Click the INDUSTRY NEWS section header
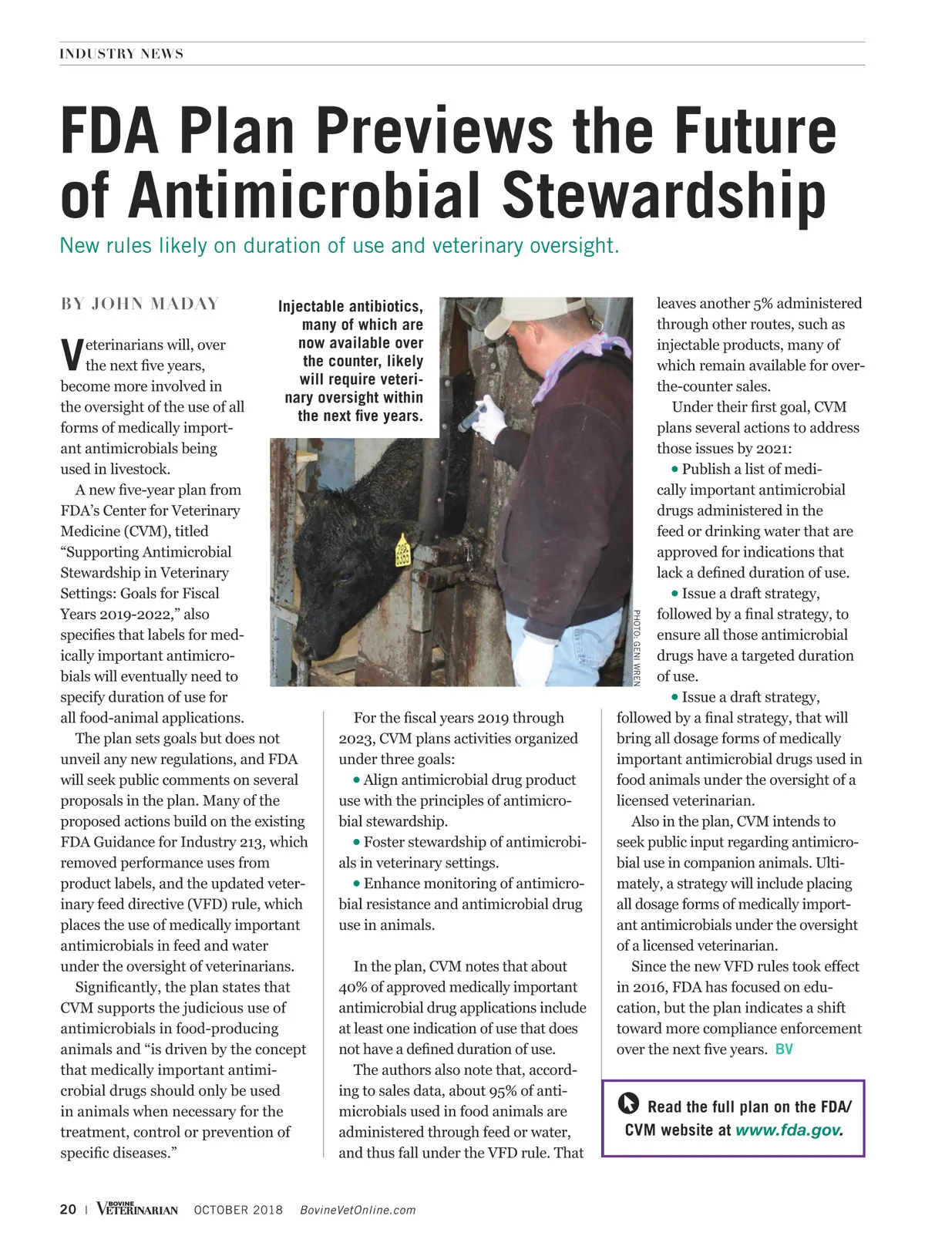(121, 54)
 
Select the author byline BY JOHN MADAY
(140, 304)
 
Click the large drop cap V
(71, 353)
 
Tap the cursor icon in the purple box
(629, 1104)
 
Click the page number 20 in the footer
(68, 1209)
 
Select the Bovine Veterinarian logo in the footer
(137, 1208)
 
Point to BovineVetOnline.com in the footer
(358, 1210)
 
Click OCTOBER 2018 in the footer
(238, 1210)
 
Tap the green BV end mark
(784, 1049)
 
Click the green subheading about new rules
(339, 246)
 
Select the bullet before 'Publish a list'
(675, 469)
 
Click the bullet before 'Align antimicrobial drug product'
(357, 780)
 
